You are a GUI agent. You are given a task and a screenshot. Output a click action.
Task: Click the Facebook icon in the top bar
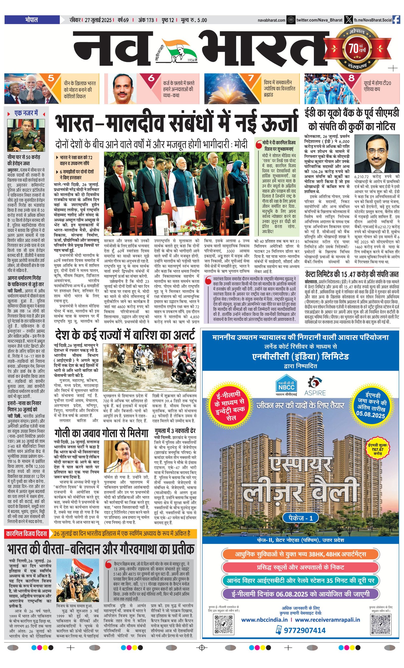[x=396, y=20]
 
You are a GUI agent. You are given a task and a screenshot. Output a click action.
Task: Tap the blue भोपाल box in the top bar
[x=32, y=20]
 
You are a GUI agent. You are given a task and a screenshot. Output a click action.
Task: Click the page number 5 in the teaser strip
[x=51, y=78]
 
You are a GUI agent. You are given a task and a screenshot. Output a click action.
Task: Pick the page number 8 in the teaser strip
[x=351, y=78]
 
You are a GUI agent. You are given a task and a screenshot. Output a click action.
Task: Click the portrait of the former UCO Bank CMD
[x=377, y=154]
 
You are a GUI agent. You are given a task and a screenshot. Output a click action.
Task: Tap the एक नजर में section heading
[x=26, y=113]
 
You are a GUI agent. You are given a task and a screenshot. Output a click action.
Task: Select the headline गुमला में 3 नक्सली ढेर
[x=175, y=431]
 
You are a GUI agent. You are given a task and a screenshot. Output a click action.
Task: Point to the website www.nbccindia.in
[x=264, y=620]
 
